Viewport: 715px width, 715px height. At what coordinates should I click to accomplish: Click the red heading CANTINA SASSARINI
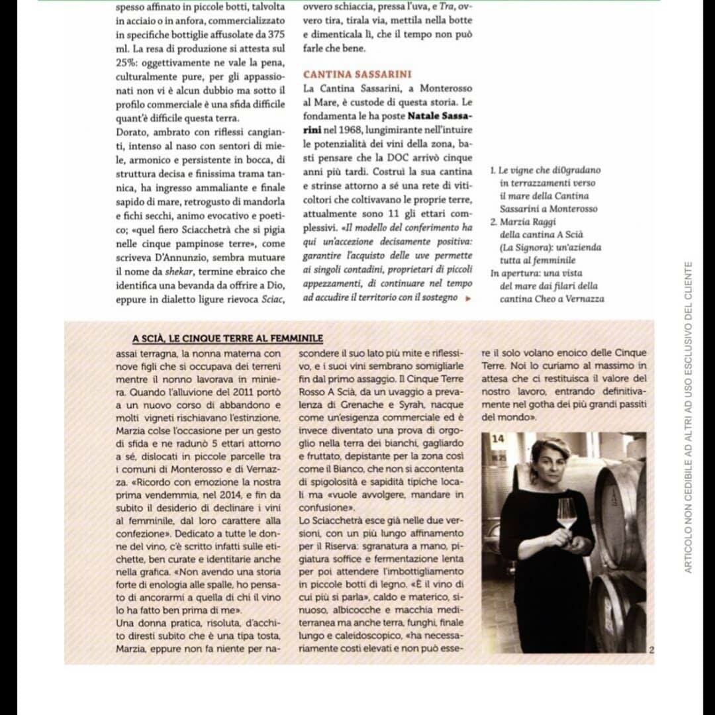click(x=357, y=75)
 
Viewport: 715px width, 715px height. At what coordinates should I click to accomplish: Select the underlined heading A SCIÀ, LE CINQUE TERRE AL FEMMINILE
click(x=227, y=338)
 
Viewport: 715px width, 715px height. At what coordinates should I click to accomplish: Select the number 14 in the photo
click(x=498, y=438)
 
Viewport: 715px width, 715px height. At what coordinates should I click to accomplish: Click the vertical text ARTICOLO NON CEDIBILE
click(x=689, y=417)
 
